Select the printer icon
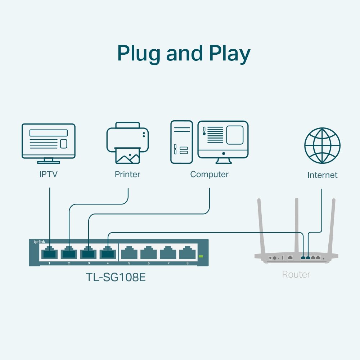pos(127,143)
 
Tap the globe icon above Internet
pos(322,145)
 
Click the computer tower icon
pos(181,142)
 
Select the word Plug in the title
pos(139,54)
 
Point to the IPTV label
pos(49,175)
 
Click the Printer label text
pos(127,175)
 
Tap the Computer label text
pos(209,175)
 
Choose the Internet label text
pos(322,175)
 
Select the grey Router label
pos(296,275)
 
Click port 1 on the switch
pos(49,253)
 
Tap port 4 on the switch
pos(108,253)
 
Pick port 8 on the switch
pos(187,253)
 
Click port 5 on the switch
pos(129,253)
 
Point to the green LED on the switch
pos(201,256)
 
